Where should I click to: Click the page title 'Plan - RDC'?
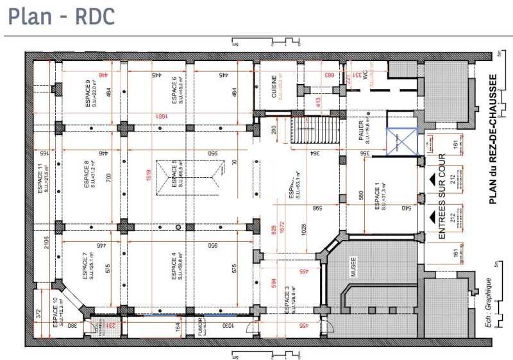(62, 17)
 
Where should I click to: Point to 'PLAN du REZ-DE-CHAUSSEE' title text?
(493, 138)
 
